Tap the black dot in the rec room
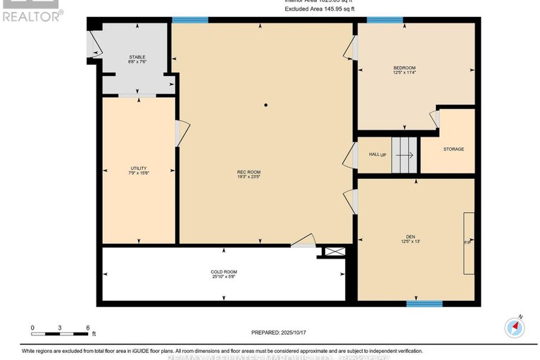click(x=265, y=106)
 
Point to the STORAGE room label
click(x=453, y=149)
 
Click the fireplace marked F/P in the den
click(x=467, y=242)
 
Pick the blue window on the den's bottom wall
click(x=424, y=304)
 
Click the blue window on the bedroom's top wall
click(x=384, y=20)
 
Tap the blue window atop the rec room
click(x=190, y=20)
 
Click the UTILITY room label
click(x=139, y=168)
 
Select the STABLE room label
click(x=137, y=56)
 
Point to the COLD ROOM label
click(x=224, y=271)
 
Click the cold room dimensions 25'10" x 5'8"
click(x=224, y=277)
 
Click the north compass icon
click(x=516, y=327)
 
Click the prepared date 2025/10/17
click(x=280, y=332)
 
